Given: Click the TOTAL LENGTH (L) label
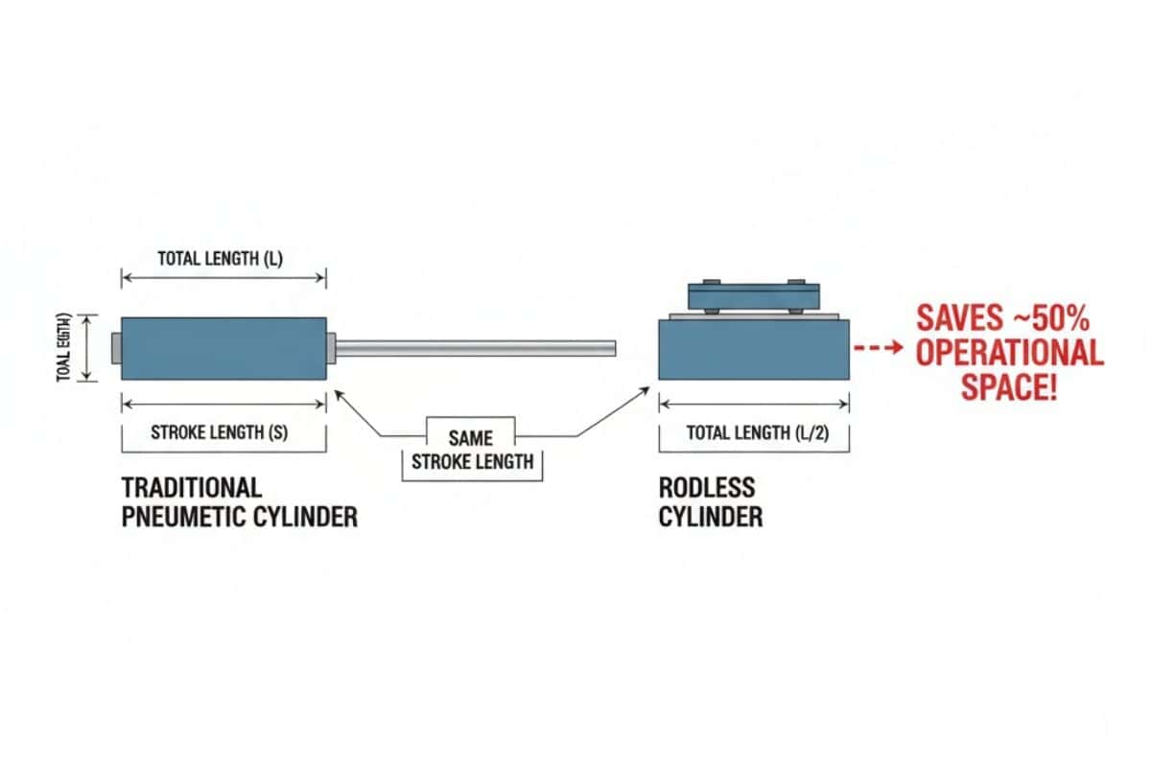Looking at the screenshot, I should pos(221,258).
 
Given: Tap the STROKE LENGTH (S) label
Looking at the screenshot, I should pos(220,432).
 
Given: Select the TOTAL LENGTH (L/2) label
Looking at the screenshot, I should pos(757,432).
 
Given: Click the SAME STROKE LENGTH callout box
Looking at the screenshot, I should pos(472,449).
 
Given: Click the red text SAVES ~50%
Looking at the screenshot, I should pos(1001,317).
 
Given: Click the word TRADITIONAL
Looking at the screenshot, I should pos(192,486).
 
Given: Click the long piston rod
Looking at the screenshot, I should pos(475,348).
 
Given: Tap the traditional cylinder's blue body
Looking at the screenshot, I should pos(223,349).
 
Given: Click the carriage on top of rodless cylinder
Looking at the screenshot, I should pos(753,294).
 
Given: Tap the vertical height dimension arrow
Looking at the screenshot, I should pos(88,348).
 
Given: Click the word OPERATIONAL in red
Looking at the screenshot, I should pos(1009,352).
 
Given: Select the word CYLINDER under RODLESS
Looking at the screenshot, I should pos(711,517).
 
